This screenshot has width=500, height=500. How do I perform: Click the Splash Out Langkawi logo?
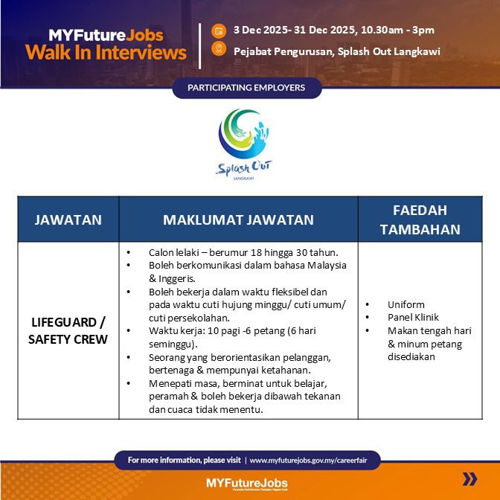pyautogui.click(x=250, y=144)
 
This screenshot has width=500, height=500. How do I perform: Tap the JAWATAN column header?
pyautogui.click(x=68, y=219)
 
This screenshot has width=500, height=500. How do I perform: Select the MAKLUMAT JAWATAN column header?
pyautogui.click(x=238, y=219)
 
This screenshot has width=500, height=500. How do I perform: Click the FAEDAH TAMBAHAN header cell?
pyautogui.click(x=420, y=219)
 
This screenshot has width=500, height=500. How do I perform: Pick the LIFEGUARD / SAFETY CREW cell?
pyautogui.click(x=68, y=331)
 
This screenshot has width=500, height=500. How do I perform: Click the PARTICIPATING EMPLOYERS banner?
pyautogui.click(x=247, y=88)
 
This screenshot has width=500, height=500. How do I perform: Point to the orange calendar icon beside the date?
pyautogui.click(x=218, y=31)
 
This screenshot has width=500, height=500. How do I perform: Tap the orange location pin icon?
pyautogui.click(x=218, y=49)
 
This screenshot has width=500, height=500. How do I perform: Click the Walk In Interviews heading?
pyautogui.click(x=106, y=52)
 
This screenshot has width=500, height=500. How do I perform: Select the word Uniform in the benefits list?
pyautogui.click(x=406, y=305)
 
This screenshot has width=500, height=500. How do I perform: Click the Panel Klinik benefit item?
pyautogui.click(x=413, y=318)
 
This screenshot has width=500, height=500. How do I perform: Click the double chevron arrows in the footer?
pyautogui.click(x=469, y=478)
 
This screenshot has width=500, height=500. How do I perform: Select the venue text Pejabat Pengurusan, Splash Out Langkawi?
pyautogui.click(x=336, y=51)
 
